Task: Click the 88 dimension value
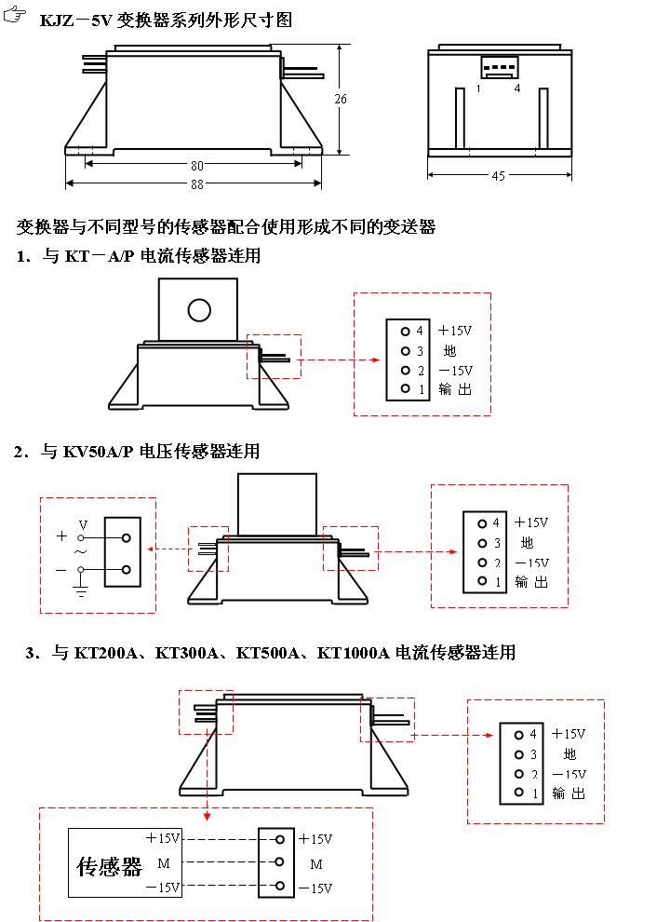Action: click(x=197, y=184)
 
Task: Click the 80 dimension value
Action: click(x=197, y=166)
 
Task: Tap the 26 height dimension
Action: click(x=341, y=99)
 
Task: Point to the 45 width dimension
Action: click(x=498, y=176)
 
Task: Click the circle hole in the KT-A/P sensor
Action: click(x=199, y=310)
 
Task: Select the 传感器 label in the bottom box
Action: click(x=109, y=866)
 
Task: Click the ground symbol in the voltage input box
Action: click(x=81, y=590)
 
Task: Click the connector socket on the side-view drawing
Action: click(x=497, y=67)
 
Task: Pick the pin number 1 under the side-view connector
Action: click(x=478, y=88)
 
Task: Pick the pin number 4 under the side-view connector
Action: click(x=517, y=88)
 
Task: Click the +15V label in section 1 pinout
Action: click(x=455, y=331)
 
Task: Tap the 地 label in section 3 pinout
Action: click(x=569, y=753)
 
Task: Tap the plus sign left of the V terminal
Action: click(x=61, y=536)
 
